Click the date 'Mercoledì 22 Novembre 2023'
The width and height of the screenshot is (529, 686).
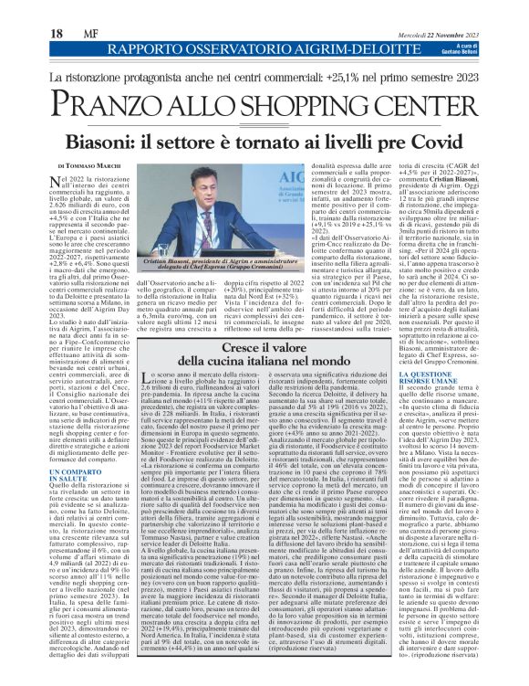coord(439,10)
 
